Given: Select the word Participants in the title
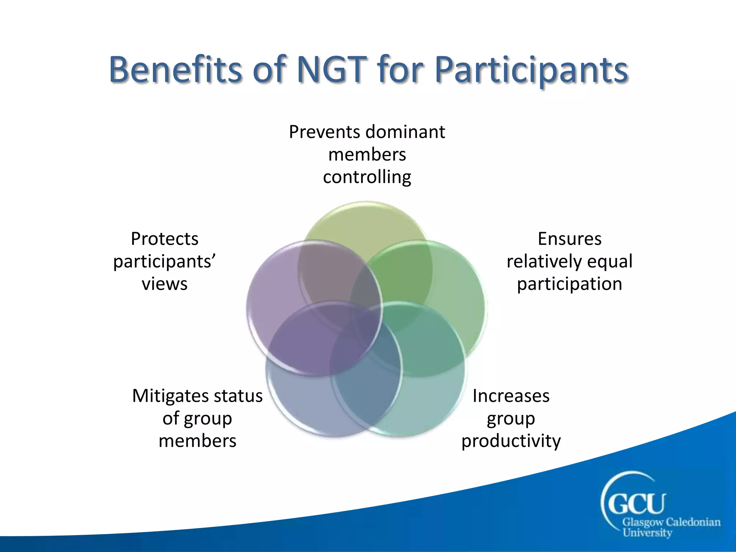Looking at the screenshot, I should click(x=531, y=70).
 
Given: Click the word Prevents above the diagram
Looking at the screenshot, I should click(x=325, y=132).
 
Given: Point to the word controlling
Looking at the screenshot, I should click(x=367, y=177).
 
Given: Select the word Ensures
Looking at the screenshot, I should click(x=569, y=239).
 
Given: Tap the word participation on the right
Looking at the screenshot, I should click(x=569, y=284).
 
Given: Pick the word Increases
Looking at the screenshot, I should click(x=511, y=396).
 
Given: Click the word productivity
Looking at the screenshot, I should click(x=511, y=441).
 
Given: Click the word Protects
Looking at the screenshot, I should click(x=165, y=239).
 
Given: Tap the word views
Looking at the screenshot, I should click(x=165, y=284).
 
